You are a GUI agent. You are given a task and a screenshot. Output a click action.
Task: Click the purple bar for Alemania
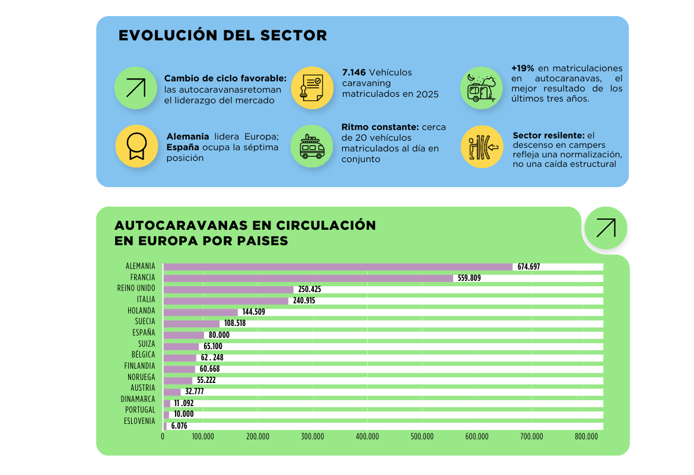338,267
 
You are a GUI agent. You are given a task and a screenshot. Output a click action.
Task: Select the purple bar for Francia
308,278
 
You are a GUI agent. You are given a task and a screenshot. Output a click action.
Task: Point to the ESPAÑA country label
144,332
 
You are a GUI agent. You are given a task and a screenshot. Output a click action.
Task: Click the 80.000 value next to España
219,335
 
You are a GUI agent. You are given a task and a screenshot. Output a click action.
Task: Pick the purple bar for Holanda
200,312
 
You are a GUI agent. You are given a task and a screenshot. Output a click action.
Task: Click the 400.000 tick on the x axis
367,437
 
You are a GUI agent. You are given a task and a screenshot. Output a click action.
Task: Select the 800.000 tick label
586,437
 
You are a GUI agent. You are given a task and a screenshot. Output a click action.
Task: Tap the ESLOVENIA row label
139,421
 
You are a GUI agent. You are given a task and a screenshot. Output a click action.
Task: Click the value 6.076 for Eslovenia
179,426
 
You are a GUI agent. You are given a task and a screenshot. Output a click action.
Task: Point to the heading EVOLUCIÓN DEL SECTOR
222,36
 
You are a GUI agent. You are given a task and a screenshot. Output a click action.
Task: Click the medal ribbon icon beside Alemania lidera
136,146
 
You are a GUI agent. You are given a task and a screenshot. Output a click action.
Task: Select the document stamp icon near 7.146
312,87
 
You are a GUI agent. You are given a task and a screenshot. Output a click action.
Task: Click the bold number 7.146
354,72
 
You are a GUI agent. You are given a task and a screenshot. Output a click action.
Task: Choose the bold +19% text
523,68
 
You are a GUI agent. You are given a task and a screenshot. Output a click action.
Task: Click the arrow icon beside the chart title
606,228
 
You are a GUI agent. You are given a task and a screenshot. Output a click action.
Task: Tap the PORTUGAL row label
140,410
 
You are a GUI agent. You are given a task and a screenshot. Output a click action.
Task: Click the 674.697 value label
529,267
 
